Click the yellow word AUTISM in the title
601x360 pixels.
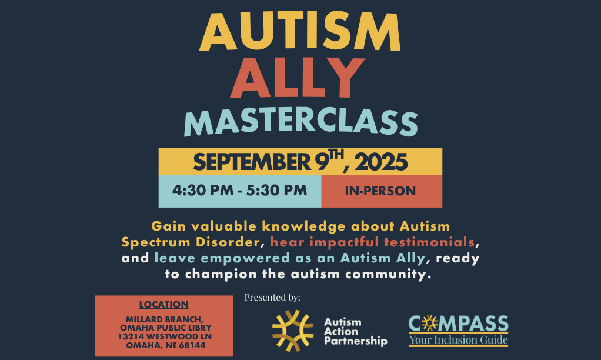coord(300,31)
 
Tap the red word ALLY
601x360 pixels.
coord(297,78)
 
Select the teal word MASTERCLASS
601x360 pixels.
coord(301,122)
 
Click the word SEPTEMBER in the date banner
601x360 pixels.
coord(252,162)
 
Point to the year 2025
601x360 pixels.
coord(381,162)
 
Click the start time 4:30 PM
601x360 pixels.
coord(203,190)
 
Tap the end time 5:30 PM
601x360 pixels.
coord(277,190)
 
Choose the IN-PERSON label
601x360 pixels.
coord(380,191)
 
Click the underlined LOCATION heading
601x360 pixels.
coord(163,304)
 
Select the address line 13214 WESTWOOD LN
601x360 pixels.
coord(165,336)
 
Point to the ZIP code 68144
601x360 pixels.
coord(192,345)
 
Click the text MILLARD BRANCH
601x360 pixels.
coord(165,319)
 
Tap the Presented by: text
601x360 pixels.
coord(272,297)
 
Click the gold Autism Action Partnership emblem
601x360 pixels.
coord(293,331)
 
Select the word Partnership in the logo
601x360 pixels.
coord(355,341)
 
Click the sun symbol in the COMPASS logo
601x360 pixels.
coord(430,324)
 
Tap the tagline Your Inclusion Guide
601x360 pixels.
coord(459,339)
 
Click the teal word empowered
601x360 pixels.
coord(245,258)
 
